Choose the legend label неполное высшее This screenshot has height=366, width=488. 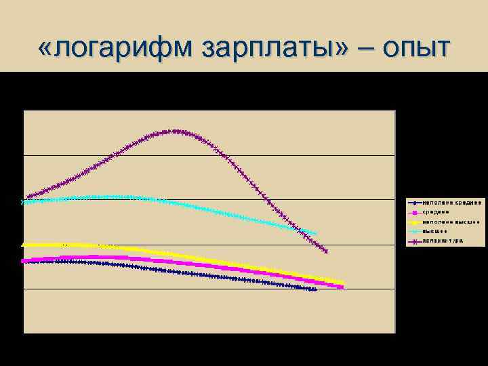click(x=451, y=221)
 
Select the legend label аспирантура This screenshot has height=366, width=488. click(x=443, y=240)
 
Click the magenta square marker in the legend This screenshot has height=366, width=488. click(x=413, y=211)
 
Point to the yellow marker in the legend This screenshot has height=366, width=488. click(x=413, y=221)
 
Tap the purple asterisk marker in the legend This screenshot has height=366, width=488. click(x=413, y=240)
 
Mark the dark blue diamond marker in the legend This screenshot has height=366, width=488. click(x=413, y=202)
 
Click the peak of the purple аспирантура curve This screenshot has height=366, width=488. click(x=175, y=131)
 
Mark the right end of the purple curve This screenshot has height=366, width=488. click(x=327, y=251)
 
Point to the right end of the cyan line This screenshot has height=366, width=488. click(x=315, y=233)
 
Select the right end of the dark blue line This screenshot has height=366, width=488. click(x=315, y=289)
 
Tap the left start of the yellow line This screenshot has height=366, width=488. click(x=24, y=244)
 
